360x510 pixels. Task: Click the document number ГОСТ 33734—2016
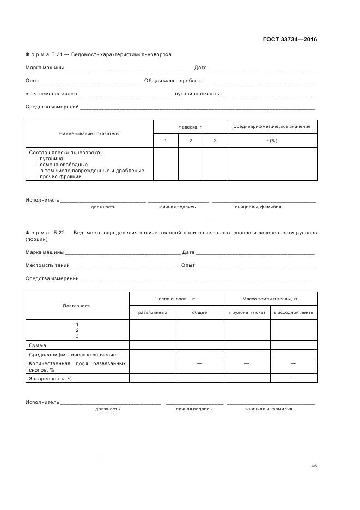(x=290, y=39)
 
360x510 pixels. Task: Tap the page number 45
(x=314, y=465)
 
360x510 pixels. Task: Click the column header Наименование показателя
(x=89, y=133)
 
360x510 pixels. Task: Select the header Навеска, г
(x=190, y=127)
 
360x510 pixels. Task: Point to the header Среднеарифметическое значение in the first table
(x=272, y=127)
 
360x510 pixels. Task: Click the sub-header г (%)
(x=272, y=141)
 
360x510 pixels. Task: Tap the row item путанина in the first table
(x=51, y=159)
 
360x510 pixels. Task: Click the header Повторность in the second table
(x=77, y=306)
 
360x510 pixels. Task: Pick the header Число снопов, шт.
(x=175, y=299)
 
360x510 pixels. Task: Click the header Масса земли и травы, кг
(x=270, y=299)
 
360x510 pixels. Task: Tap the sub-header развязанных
(x=152, y=313)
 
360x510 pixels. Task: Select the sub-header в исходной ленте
(x=294, y=313)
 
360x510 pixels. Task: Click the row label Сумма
(x=38, y=345)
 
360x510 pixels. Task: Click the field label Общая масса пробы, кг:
(x=174, y=81)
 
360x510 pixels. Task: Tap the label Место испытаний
(x=47, y=265)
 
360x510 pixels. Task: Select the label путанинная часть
(x=197, y=94)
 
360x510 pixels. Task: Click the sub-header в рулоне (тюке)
(x=246, y=313)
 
